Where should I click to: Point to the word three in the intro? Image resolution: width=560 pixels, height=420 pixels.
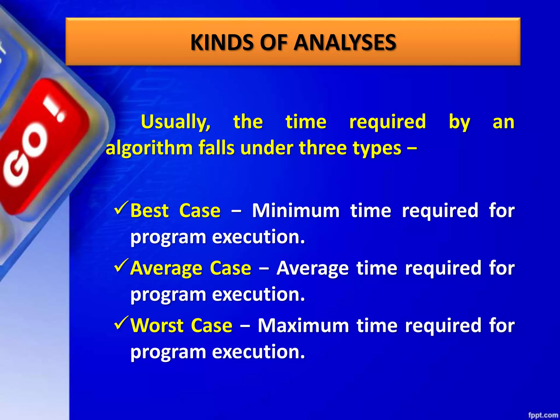click(x=323, y=148)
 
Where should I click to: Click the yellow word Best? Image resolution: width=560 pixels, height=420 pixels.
click(x=149, y=211)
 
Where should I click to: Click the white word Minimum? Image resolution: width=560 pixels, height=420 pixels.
click(x=296, y=211)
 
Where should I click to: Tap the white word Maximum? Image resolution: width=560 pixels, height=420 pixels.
click(x=303, y=325)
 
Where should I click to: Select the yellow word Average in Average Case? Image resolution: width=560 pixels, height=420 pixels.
click(x=166, y=269)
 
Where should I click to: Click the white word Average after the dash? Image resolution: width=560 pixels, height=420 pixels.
click(x=313, y=268)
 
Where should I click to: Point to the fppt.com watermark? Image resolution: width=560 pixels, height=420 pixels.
click(x=543, y=415)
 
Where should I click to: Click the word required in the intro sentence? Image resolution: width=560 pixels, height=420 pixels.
click(x=387, y=122)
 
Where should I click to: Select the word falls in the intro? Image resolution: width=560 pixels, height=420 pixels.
click(x=216, y=148)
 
